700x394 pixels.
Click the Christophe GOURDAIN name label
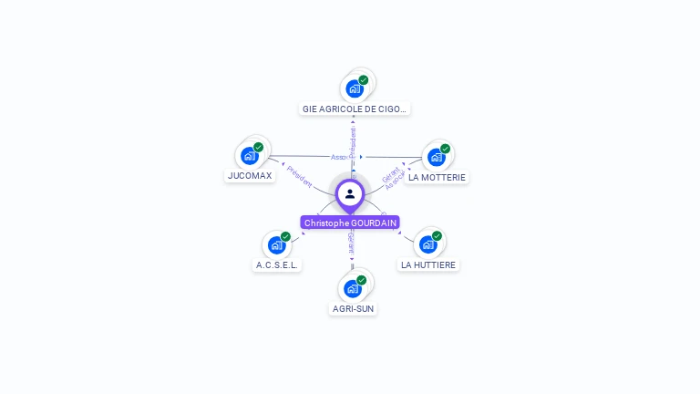[x=350, y=223]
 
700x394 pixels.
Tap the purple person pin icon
[x=350, y=193]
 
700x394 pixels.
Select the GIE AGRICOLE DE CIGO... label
[x=355, y=109]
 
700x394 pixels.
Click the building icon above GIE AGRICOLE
[x=355, y=89]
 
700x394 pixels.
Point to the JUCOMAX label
[x=250, y=175]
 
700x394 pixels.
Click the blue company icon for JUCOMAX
[x=250, y=156]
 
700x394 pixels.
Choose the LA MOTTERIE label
[x=437, y=177]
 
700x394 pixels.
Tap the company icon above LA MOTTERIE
[x=437, y=157]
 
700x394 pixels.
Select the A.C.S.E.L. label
[x=277, y=264]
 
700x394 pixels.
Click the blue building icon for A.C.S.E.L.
[x=277, y=245]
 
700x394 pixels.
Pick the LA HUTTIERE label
[x=428, y=264]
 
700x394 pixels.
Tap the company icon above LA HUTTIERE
[x=427, y=244]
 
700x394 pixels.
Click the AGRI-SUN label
[x=353, y=308]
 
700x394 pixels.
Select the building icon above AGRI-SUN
[x=353, y=289]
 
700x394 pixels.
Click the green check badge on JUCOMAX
[x=258, y=147]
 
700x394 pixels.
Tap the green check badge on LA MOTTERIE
[x=445, y=149]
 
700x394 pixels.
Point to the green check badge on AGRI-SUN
[x=362, y=280]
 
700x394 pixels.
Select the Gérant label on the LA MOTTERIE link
[x=389, y=173]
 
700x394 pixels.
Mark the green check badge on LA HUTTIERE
[x=437, y=236]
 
